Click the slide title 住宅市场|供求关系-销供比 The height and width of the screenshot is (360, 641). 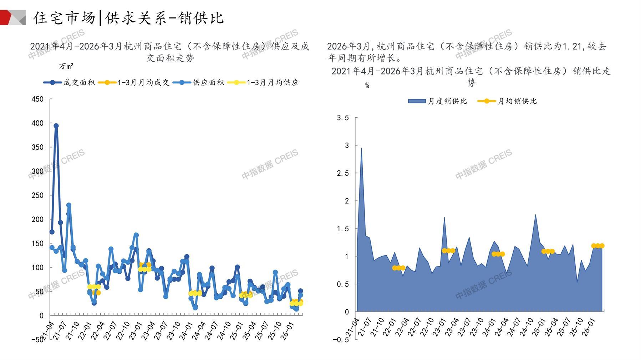tap(128, 18)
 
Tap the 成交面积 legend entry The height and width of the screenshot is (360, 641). tap(70, 83)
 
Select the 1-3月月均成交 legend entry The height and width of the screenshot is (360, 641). tap(134, 83)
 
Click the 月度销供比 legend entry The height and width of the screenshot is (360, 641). tap(438, 101)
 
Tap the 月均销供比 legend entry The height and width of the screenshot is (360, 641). tap(507, 101)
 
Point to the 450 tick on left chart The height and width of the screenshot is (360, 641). tap(37, 99)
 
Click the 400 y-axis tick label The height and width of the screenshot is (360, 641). tap(37, 123)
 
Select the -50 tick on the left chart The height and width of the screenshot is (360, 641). tap(37, 340)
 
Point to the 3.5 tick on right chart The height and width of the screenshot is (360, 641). tap(343, 118)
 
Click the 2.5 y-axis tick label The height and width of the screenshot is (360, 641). tap(343, 173)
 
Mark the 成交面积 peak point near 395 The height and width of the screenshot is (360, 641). tap(56, 126)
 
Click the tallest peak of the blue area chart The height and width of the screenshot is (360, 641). tap(361, 148)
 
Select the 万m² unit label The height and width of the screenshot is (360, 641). tap(66, 66)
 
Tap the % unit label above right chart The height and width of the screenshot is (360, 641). tap(367, 86)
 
